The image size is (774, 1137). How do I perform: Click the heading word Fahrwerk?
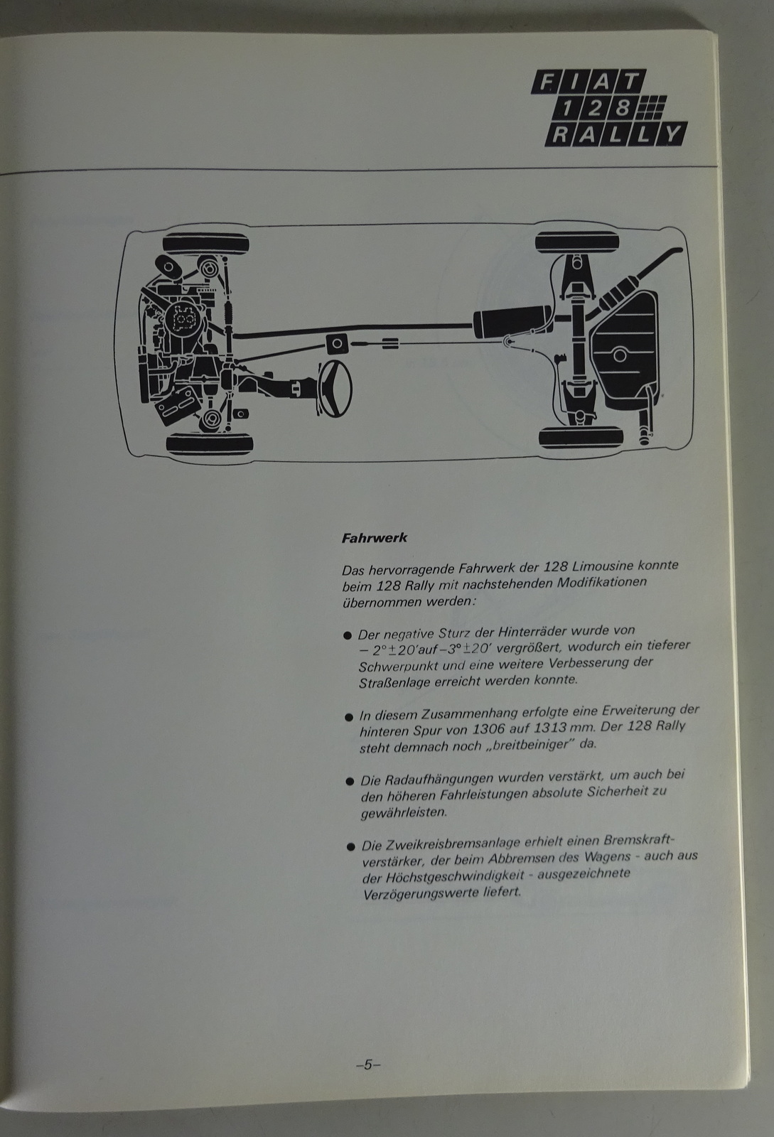(374, 538)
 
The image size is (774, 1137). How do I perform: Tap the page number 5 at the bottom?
(368, 1065)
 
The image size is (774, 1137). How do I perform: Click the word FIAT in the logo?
(589, 82)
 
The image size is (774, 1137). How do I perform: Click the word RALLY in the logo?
(616, 135)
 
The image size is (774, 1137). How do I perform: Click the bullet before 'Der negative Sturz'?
(348, 635)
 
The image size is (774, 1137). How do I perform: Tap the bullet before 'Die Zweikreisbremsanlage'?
(350, 846)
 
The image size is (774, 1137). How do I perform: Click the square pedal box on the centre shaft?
(336, 344)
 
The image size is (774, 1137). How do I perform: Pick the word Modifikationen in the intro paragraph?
(602, 583)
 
